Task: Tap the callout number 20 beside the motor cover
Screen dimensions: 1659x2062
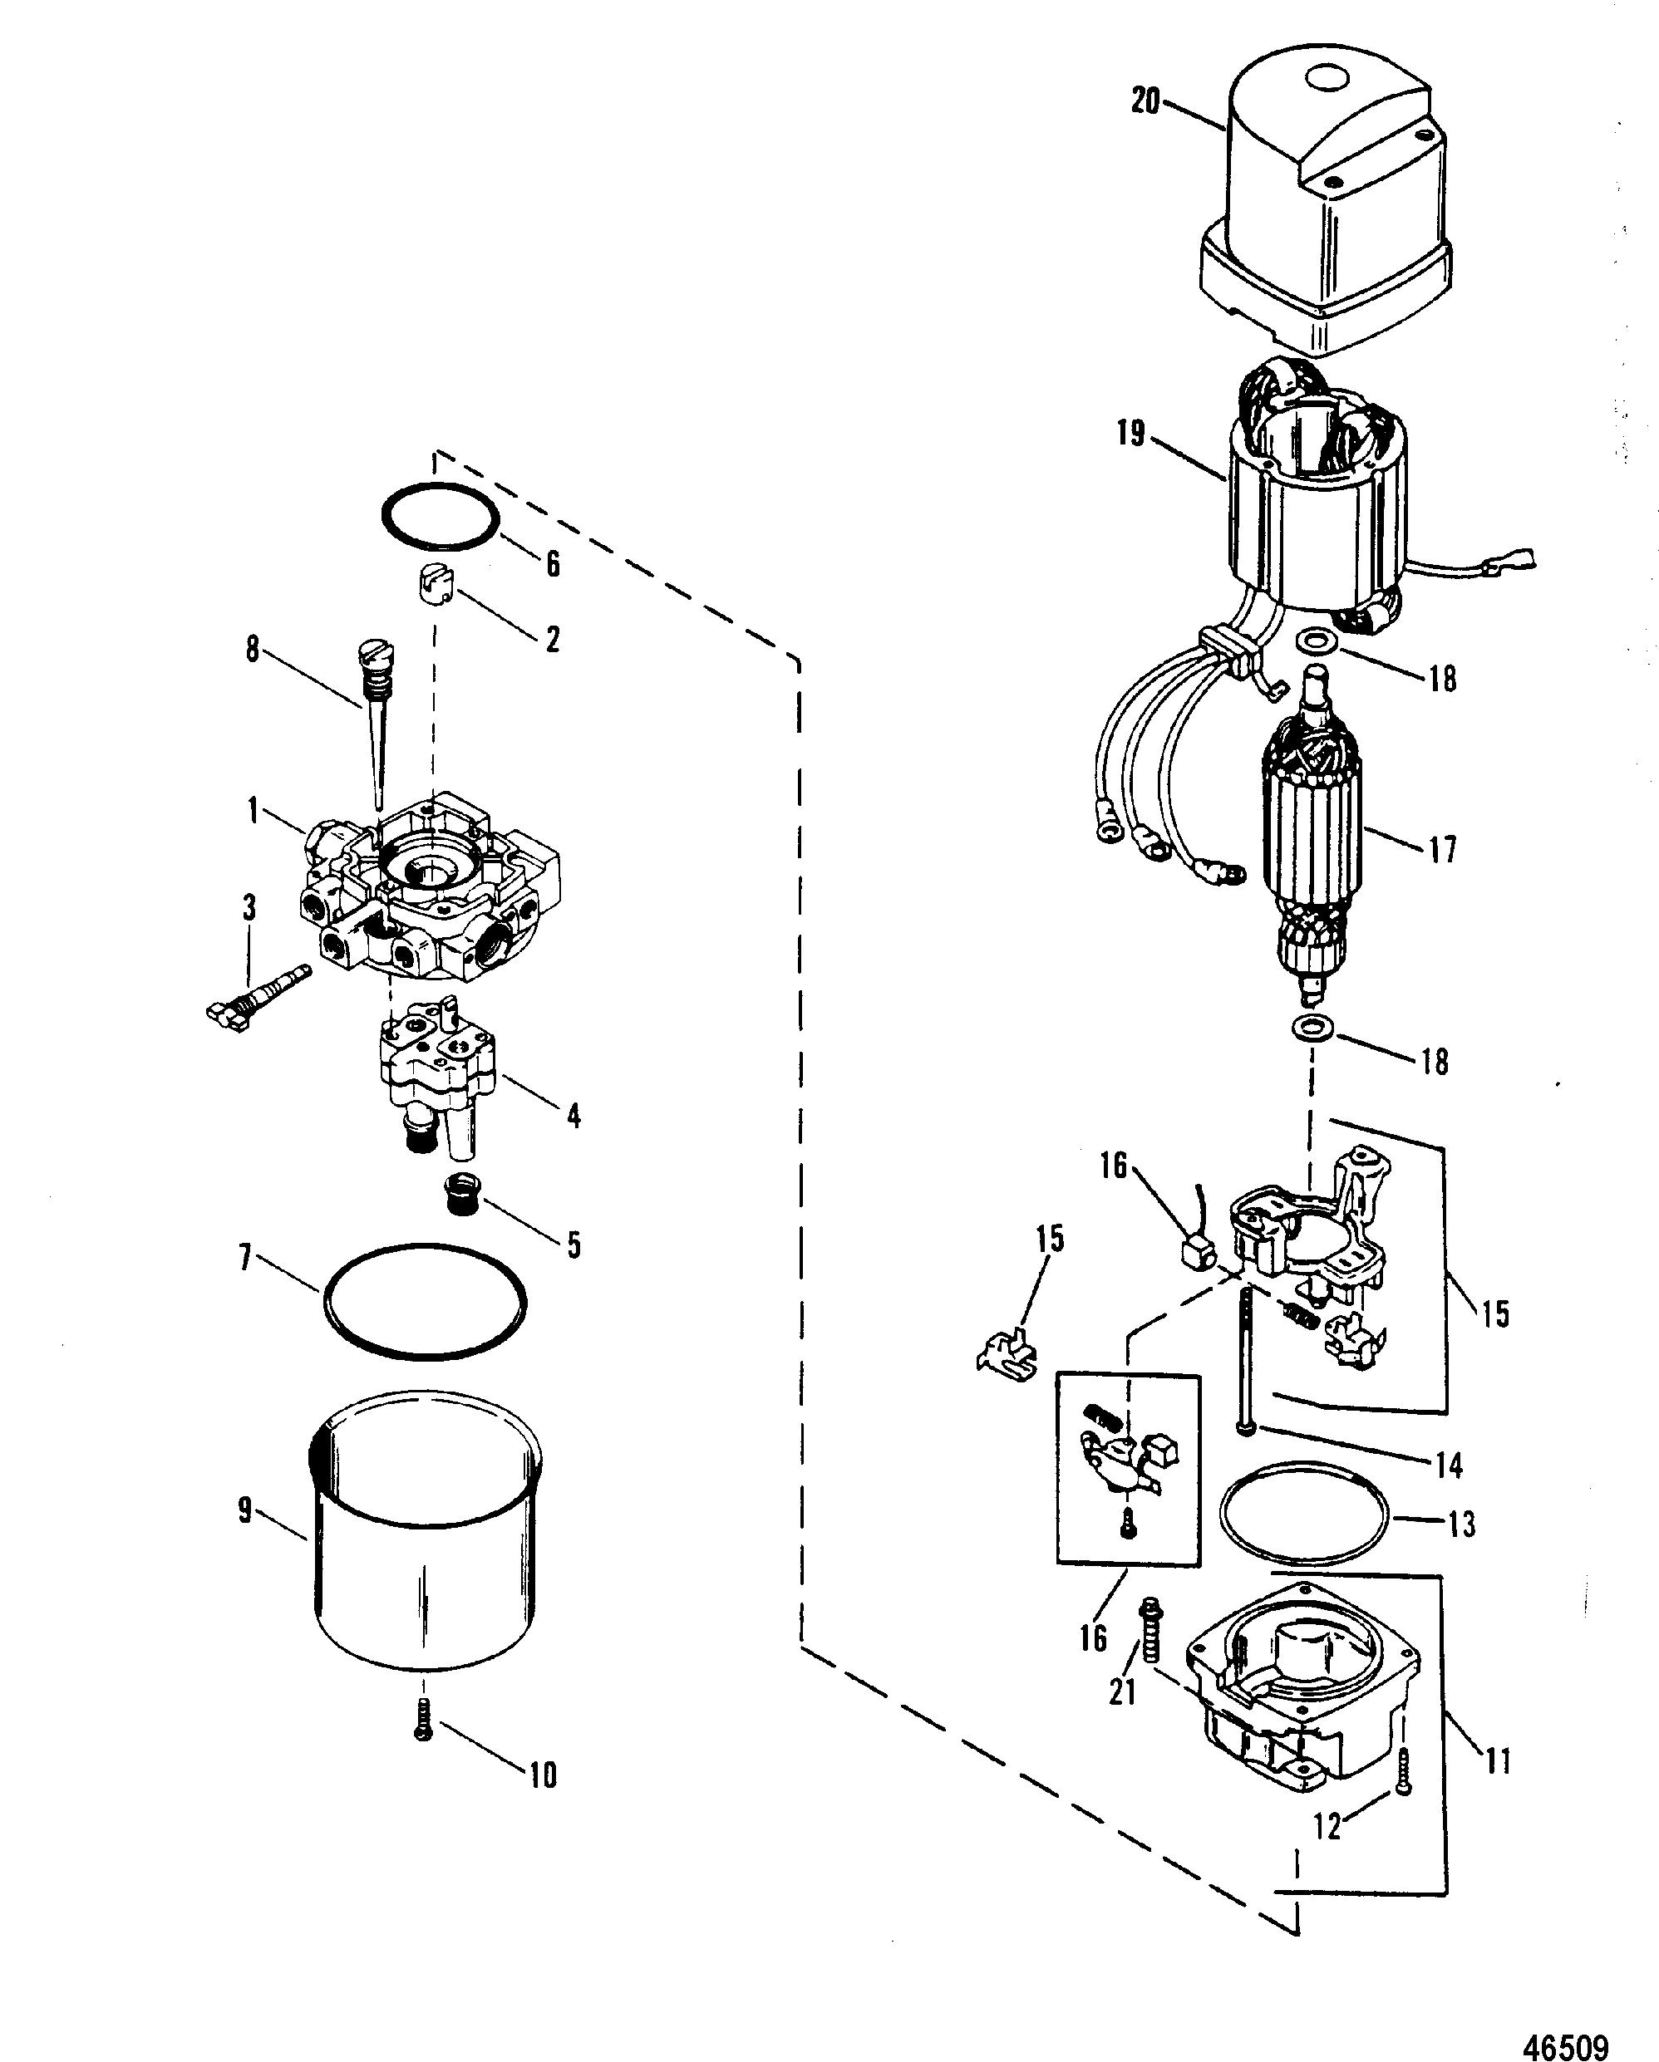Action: tap(1145, 101)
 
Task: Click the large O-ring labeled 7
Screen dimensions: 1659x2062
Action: tap(425, 1302)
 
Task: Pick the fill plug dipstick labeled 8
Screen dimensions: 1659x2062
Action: tap(374, 723)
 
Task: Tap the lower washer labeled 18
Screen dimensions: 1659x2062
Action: tap(1309, 1029)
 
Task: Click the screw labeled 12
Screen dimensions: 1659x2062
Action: tap(1401, 1770)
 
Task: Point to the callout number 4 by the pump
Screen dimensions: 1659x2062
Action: tap(574, 1115)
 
